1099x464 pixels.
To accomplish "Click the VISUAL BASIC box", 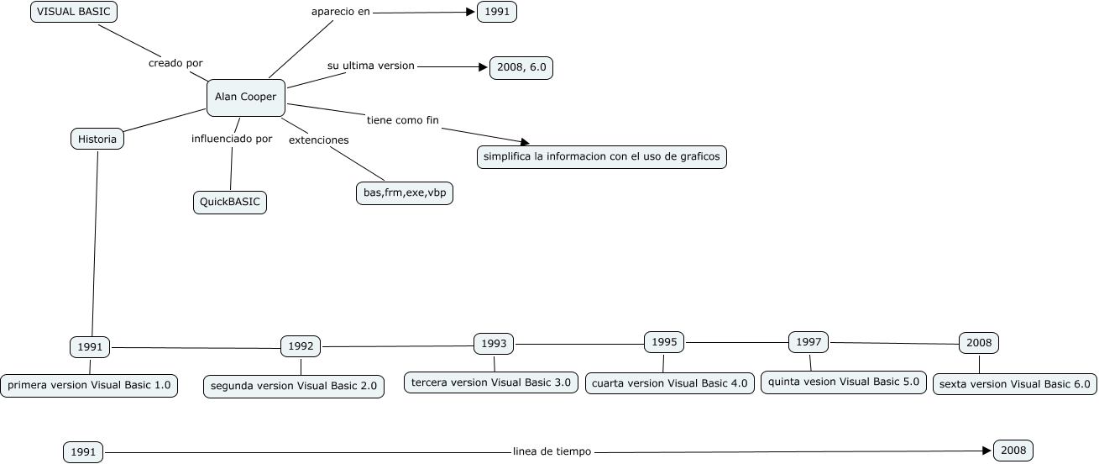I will (74, 12).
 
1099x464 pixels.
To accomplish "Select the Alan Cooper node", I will (245, 97).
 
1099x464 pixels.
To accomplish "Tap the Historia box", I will (97, 139).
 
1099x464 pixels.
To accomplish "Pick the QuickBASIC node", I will (229, 202).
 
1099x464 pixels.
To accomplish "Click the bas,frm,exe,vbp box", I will (404, 193).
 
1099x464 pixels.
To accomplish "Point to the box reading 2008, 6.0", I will (521, 68).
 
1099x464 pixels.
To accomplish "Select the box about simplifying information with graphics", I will (601, 157).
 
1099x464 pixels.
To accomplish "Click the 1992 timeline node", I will (301, 345).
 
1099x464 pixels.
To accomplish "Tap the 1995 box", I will (664, 342).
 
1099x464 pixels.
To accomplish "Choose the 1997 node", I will (809, 342).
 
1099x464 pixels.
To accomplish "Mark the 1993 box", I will (494, 344).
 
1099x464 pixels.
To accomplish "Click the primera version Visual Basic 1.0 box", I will (89, 386).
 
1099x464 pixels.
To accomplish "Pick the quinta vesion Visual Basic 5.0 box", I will (843, 382).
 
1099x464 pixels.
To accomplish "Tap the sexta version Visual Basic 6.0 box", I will (1014, 384).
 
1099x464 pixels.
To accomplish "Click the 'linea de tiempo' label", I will (552, 451).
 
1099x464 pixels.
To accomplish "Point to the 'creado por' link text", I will (175, 63).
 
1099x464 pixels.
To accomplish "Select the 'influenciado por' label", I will (232, 139).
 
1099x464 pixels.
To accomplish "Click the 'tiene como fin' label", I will (403, 119).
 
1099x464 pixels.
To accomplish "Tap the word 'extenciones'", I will (319, 140).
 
